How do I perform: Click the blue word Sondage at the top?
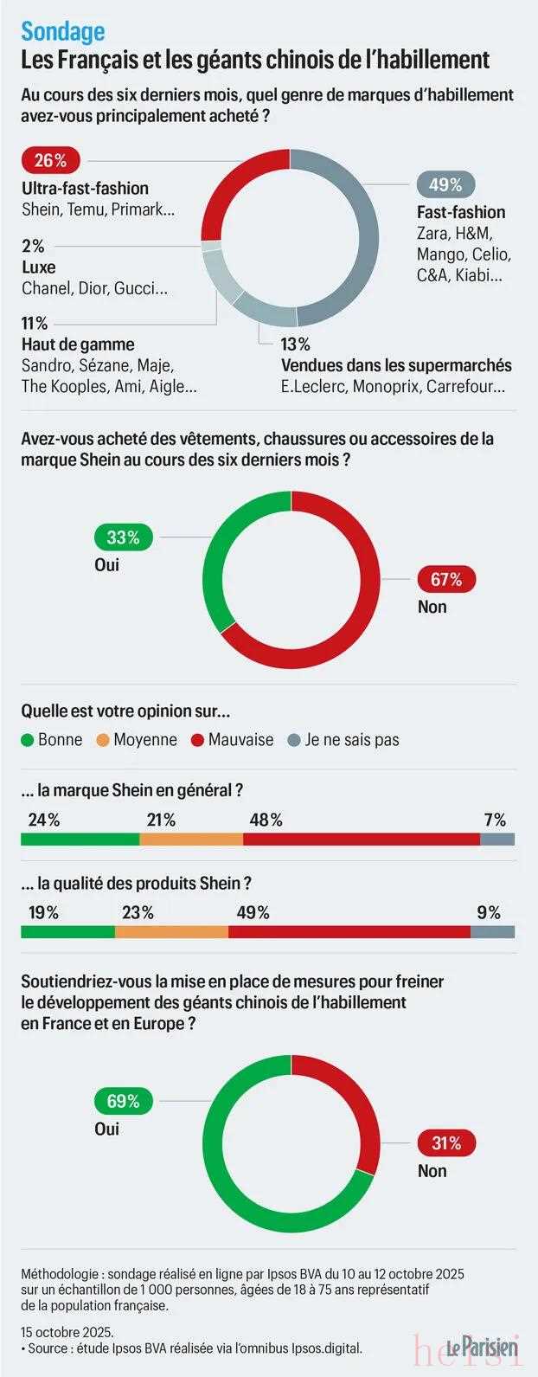[x=62, y=31]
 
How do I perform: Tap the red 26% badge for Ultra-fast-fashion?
[x=50, y=160]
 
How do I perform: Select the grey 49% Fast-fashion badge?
[x=445, y=184]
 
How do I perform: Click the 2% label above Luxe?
[x=33, y=246]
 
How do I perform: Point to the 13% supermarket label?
[x=295, y=344]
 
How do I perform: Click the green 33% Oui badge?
[x=123, y=537]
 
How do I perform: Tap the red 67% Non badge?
[x=446, y=579]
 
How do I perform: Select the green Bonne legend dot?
[x=27, y=740]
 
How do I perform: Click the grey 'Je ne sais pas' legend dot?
[x=293, y=740]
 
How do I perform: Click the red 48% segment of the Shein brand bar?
[x=362, y=839]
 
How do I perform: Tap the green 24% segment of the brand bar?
[x=80, y=839]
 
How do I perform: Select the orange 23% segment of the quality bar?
[x=171, y=932]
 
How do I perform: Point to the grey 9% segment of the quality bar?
[x=492, y=932]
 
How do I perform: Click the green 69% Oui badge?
[x=123, y=1102]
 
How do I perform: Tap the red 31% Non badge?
[x=446, y=1143]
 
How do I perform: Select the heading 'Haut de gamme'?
[x=78, y=344]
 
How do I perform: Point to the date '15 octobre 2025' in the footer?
[x=67, y=1331]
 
